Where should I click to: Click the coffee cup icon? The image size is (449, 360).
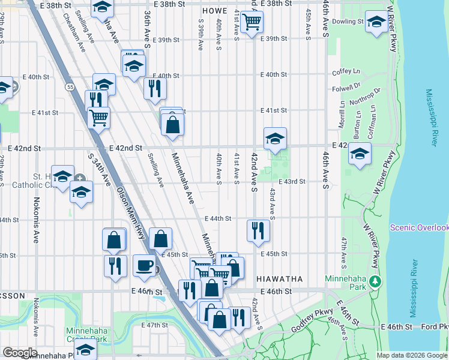pyautogui.click(x=144, y=265)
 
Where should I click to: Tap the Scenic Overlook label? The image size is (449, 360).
pyautogui.click(x=419, y=227)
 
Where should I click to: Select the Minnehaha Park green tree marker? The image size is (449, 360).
pyautogui.click(x=375, y=281)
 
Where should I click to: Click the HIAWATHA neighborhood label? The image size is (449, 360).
pyautogui.click(x=279, y=279)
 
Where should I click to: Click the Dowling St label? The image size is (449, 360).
pyautogui.click(x=348, y=21)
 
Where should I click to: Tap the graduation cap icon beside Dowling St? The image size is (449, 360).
pyautogui.click(x=376, y=23)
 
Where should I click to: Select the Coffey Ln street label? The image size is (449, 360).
pyautogui.click(x=346, y=73)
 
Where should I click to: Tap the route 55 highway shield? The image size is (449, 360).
pyautogui.click(x=70, y=88)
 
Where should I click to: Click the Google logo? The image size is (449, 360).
pyautogui.click(x=20, y=353)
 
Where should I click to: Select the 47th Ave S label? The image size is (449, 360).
pyautogui.click(x=344, y=252)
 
